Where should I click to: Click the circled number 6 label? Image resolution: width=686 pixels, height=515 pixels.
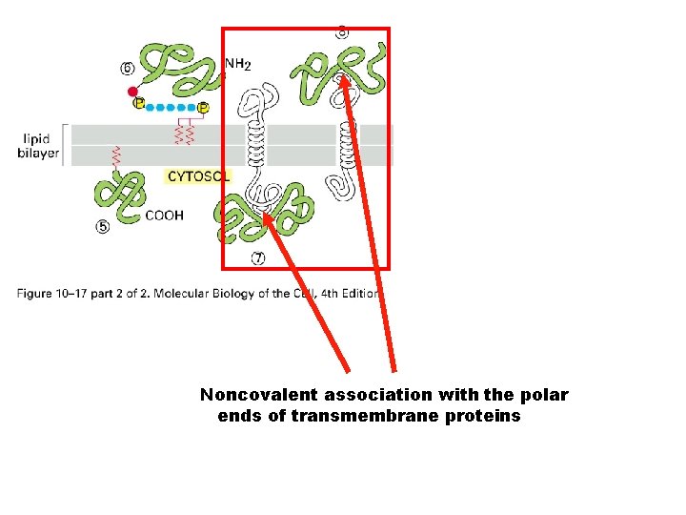point(127,68)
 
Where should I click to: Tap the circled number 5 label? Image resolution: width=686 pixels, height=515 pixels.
point(102,227)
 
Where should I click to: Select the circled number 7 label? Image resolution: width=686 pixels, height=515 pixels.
point(258,257)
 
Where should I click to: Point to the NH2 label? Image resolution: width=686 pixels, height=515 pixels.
point(237,65)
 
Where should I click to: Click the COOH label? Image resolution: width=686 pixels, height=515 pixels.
point(165,216)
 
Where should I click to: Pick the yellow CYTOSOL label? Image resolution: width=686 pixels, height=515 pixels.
point(198,176)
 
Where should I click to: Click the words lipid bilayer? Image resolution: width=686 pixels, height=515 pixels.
point(38,146)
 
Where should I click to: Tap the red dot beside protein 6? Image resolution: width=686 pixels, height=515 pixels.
point(132,92)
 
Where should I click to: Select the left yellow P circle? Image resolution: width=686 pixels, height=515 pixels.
point(140,103)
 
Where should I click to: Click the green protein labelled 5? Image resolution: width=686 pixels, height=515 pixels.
point(119,195)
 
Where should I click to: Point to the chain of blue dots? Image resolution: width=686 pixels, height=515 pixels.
point(171,107)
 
